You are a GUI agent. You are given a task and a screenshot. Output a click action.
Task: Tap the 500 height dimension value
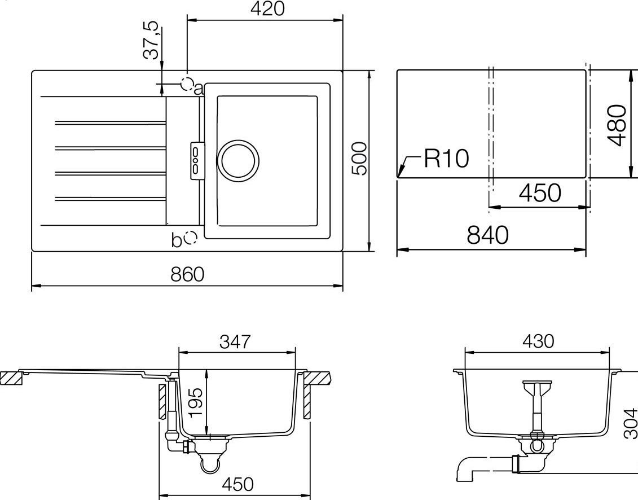(359, 159)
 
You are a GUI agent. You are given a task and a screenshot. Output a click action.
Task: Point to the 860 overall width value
(187, 274)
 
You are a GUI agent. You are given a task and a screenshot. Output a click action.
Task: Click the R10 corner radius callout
(446, 159)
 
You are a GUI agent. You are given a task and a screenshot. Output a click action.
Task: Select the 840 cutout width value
(488, 235)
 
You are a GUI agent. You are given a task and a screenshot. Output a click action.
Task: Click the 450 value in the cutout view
(540, 193)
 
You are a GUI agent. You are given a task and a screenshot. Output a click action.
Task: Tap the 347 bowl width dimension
(234, 341)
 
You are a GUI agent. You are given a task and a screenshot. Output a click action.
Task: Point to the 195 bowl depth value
(195, 402)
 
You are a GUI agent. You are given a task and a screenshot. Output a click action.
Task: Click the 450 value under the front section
(237, 484)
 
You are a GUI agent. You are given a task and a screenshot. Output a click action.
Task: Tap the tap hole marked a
(187, 84)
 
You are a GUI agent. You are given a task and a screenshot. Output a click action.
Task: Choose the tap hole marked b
(191, 238)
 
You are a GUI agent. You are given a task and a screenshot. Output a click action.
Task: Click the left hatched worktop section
(11, 378)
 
